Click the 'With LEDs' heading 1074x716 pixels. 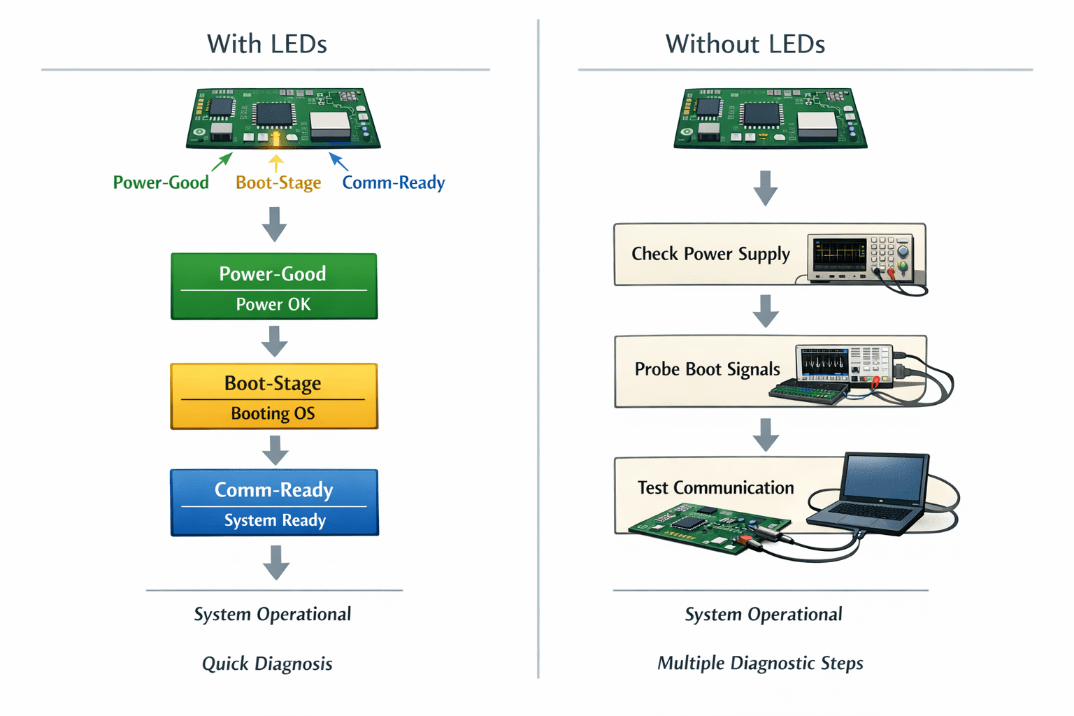(x=266, y=44)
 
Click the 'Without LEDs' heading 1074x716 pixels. (x=745, y=44)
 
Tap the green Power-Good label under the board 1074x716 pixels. (x=161, y=182)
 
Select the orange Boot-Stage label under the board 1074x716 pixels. (x=278, y=182)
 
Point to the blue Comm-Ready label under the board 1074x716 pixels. (x=393, y=182)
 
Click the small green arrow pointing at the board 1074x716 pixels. (x=222, y=162)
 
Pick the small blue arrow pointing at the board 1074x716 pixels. (x=339, y=162)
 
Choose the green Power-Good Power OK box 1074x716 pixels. (x=274, y=286)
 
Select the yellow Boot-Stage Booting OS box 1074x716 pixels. (x=274, y=396)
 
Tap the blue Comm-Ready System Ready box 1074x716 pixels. (x=275, y=503)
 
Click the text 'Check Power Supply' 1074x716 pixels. (x=710, y=255)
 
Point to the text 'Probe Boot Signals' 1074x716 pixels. (x=707, y=369)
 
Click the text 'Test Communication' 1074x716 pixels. (x=715, y=488)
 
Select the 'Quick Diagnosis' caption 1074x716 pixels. (x=267, y=664)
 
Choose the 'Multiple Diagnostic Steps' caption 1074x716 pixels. (x=760, y=664)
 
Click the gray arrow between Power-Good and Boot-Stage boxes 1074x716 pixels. (x=274, y=341)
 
